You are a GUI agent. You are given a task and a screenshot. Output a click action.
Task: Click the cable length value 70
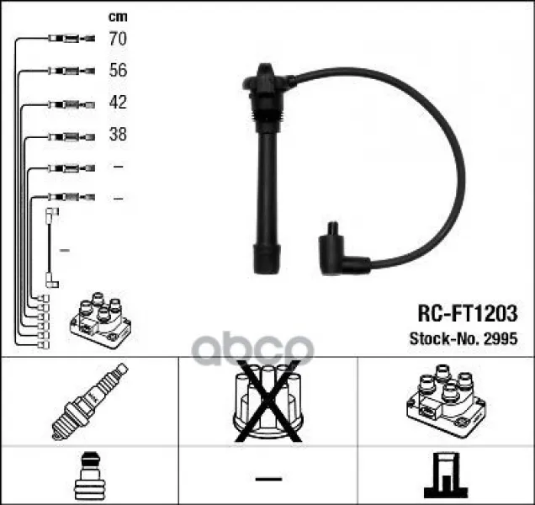coord(118,38)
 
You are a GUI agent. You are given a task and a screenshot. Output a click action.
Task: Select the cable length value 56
coord(118,70)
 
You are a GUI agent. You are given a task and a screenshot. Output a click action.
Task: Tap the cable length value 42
coord(118,102)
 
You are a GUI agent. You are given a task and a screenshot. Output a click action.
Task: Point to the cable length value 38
coord(118,134)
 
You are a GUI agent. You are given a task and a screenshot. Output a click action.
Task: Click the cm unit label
coord(118,17)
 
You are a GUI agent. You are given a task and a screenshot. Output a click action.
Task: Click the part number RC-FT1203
coord(468,313)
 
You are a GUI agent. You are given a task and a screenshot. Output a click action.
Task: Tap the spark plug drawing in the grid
coord(90,401)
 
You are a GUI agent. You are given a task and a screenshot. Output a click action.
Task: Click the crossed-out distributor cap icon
coord(267,401)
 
